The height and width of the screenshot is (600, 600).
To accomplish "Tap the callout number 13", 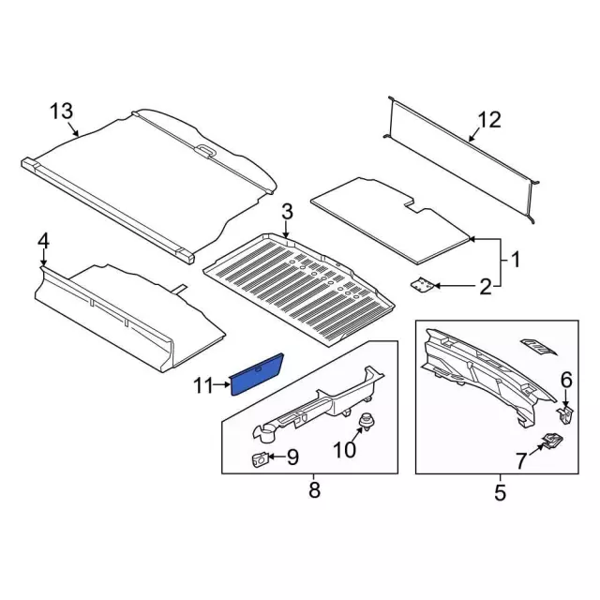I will [x=61, y=112].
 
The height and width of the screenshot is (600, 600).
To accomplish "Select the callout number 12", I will [x=489, y=120].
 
